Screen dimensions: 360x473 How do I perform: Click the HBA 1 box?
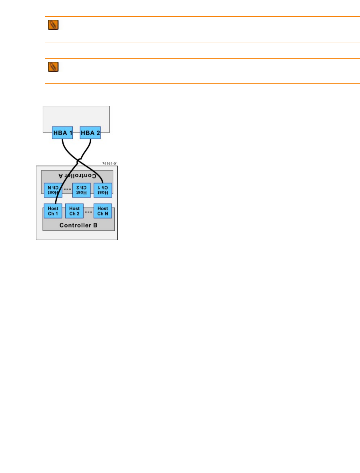point(62,133)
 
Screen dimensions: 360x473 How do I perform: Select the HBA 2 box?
point(90,133)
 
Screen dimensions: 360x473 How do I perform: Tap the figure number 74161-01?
point(110,163)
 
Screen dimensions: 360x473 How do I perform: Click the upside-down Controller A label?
point(77,176)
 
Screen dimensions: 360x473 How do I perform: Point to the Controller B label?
point(78,225)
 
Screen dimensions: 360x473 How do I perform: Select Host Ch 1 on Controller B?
point(53,211)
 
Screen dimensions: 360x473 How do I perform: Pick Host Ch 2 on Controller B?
point(74,211)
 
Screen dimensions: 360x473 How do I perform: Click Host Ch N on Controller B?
point(103,211)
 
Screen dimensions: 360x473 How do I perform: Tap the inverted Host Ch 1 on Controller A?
point(103,190)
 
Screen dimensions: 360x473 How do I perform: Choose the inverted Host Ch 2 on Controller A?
point(81,190)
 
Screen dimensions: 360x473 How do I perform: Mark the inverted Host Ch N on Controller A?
point(53,190)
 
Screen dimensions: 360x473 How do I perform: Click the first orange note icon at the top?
point(53,25)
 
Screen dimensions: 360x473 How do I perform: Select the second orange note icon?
point(53,67)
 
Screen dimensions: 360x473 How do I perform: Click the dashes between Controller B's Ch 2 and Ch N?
point(88,212)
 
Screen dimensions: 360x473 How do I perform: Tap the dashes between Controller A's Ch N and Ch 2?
point(67,189)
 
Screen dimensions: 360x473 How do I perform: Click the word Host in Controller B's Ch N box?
point(103,208)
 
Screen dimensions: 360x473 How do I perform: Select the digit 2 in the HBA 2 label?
point(98,133)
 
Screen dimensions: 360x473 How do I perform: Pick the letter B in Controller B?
point(95,225)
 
